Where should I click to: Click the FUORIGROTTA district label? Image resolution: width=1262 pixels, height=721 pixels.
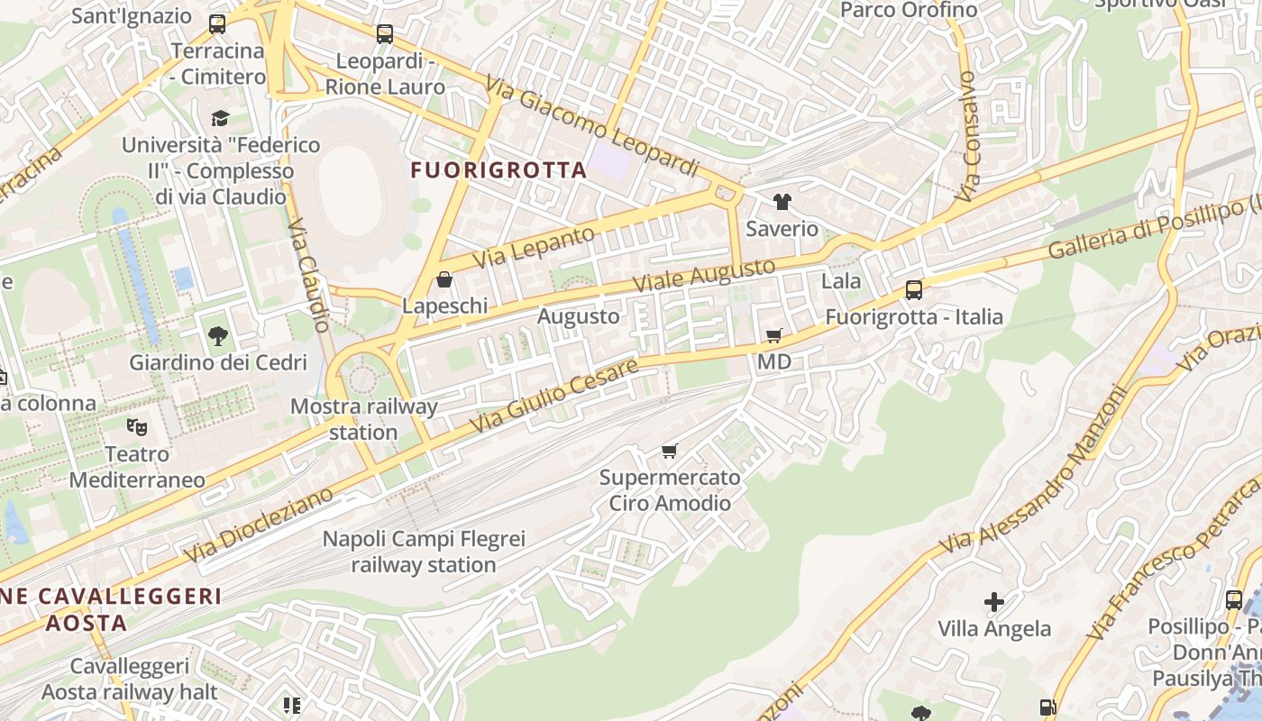tap(498, 169)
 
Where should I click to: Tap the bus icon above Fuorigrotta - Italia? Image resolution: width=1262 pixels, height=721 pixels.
tap(913, 290)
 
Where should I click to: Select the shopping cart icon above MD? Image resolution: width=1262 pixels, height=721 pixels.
tap(773, 336)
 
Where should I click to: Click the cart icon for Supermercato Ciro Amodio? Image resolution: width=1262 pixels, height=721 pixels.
tap(669, 451)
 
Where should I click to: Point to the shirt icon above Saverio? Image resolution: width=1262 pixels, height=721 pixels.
tap(782, 202)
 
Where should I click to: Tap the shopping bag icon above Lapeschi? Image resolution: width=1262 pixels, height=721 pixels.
tap(444, 279)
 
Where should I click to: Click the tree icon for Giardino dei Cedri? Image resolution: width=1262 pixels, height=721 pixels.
tap(217, 336)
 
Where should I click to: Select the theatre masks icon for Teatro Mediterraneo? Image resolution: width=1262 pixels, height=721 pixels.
tap(136, 425)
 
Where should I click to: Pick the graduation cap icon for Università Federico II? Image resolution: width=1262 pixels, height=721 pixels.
tap(220, 118)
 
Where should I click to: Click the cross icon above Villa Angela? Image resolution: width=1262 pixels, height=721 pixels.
tap(993, 601)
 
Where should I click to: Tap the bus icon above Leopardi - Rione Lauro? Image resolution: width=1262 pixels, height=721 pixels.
tap(385, 34)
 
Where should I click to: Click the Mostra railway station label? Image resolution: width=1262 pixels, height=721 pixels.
tap(363, 419)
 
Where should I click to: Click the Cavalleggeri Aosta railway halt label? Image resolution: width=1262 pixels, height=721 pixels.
tap(130, 680)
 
